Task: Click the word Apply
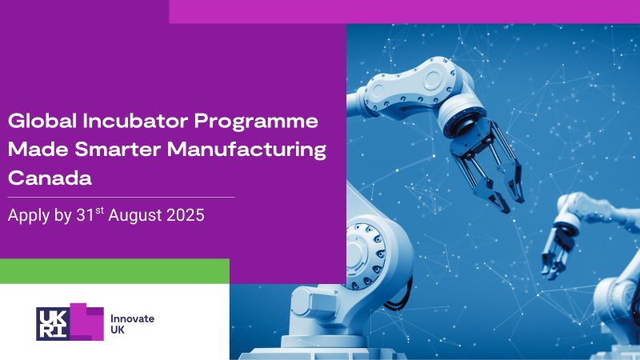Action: (27, 216)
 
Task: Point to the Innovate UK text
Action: (132, 324)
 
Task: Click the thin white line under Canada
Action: (120, 196)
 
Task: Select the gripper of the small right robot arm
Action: (559, 249)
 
